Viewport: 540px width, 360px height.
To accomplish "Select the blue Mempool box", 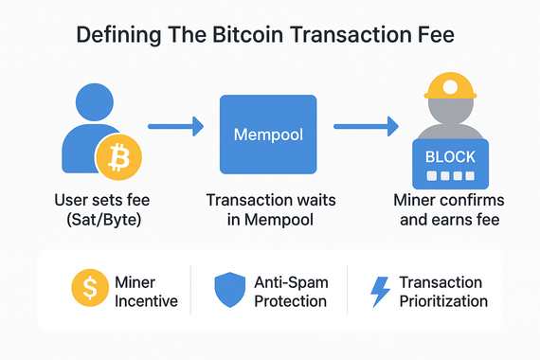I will pos(267,135).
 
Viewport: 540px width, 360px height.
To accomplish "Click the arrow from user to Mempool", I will pos(177,124).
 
